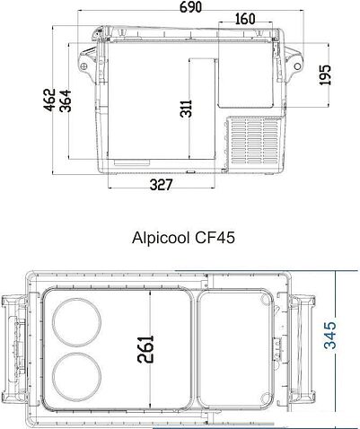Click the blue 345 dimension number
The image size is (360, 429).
334,338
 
